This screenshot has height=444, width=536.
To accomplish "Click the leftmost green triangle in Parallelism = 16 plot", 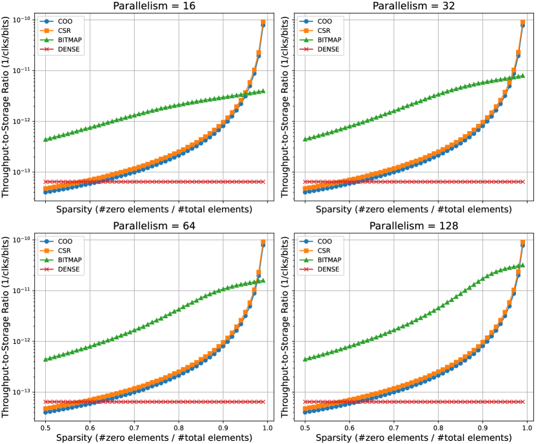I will (46, 139).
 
